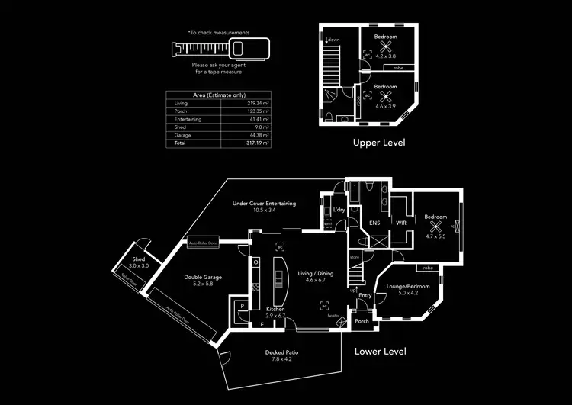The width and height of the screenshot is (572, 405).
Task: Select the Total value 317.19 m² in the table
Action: pos(257,143)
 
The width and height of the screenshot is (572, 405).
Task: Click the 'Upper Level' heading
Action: pos(379,143)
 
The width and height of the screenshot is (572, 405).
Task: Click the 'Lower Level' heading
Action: pos(381,352)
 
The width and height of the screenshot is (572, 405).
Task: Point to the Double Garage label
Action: pos(202,277)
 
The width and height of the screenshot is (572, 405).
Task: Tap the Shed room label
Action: pos(139,260)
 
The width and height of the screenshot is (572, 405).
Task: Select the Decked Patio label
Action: pos(281,352)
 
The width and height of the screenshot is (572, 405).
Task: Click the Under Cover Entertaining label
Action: pos(264,204)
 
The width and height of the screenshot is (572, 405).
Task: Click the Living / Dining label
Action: pos(315,273)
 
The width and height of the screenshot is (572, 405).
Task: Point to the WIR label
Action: pos(400,223)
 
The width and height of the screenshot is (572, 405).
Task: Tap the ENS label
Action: pos(374,223)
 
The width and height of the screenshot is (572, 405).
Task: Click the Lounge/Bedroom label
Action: pos(408,286)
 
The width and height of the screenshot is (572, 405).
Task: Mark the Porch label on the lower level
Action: pos(362,321)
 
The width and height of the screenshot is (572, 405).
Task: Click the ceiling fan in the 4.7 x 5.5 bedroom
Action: pos(435,227)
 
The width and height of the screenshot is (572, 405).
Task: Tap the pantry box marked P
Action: pos(242,306)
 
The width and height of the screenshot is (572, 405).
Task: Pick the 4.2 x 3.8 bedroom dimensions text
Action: pos(386,56)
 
